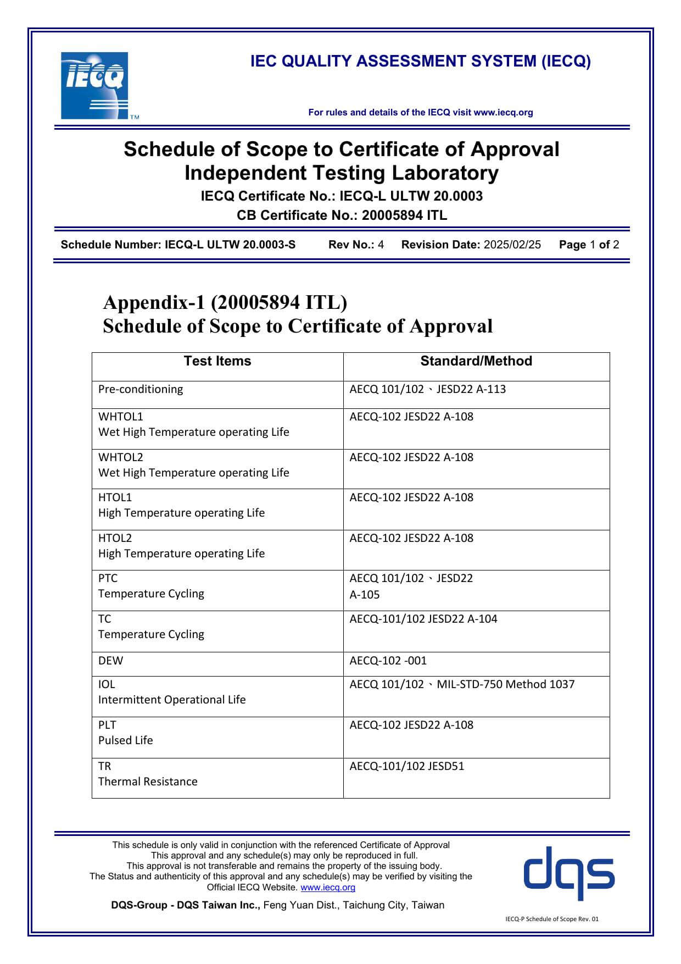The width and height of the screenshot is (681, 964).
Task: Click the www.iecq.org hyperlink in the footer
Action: click(x=328, y=887)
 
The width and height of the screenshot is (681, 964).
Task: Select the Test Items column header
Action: click(x=217, y=361)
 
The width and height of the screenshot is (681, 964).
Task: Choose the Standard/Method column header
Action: click(x=476, y=361)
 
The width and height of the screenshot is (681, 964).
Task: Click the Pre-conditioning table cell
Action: click(x=141, y=389)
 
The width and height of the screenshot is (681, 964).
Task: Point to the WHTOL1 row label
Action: click(x=120, y=417)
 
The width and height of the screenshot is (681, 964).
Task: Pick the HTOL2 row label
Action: click(x=115, y=538)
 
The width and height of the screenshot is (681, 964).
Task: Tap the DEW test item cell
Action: click(x=111, y=661)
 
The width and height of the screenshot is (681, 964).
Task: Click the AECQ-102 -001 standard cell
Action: click(x=388, y=661)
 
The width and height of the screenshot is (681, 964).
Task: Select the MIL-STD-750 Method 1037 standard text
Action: click(x=505, y=684)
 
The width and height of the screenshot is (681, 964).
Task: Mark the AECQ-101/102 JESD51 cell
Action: click(x=406, y=766)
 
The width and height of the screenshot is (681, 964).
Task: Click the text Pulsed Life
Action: click(x=126, y=740)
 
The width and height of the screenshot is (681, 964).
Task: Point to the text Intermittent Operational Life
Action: click(x=172, y=700)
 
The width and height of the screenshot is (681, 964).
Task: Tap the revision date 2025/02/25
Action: click(x=512, y=245)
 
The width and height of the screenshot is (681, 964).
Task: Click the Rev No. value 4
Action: click(x=381, y=245)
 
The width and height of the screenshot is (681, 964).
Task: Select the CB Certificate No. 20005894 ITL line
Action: click(x=342, y=215)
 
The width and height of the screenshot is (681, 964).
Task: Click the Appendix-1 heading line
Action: click(x=225, y=302)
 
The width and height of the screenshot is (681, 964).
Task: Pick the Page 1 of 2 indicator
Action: click(x=589, y=245)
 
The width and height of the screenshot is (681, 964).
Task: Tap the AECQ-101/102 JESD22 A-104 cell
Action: click(x=423, y=619)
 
